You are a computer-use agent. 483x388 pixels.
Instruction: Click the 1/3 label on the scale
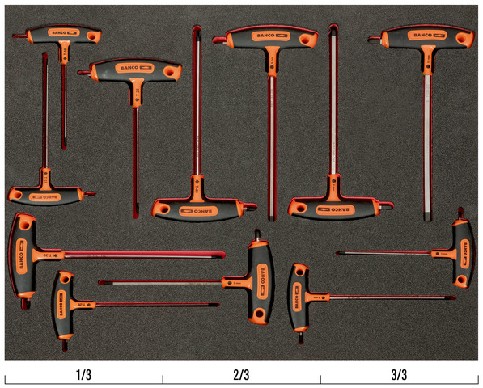pos(83,375)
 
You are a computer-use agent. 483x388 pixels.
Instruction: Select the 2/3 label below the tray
pos(241,375)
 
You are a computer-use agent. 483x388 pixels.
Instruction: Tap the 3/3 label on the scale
pos(399,375)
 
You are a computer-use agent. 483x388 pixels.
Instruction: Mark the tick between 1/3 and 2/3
pos(163,380)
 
